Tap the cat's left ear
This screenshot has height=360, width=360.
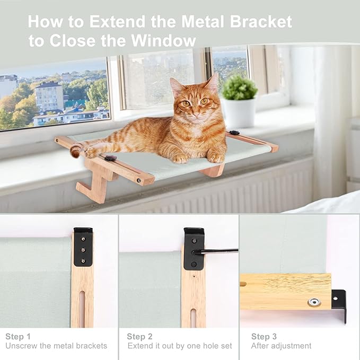pos(213,83)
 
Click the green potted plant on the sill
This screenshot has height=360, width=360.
pos(239,88)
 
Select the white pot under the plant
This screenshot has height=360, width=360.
pos(239,112)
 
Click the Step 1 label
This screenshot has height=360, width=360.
pos(18,336)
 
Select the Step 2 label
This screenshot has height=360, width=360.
pos(140,336)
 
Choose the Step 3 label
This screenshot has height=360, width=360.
pos(264,336)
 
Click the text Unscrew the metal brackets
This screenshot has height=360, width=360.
pos(56,346)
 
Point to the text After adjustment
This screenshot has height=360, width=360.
pos(281,346)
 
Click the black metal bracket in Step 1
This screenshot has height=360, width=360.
pos(83,247)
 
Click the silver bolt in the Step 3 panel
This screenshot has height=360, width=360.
pos(314,302)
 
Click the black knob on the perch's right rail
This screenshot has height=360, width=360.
pos(234,133)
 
